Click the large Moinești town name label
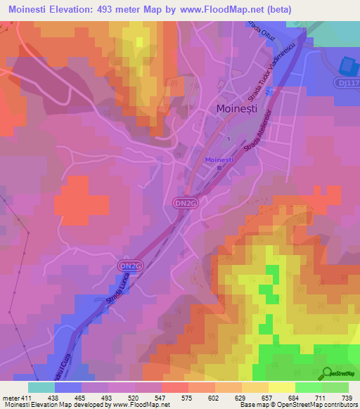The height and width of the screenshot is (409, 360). (x=238, y=110)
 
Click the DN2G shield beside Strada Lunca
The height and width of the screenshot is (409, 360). (x=131, y=265)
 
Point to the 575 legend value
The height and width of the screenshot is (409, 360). (x=188, y=398)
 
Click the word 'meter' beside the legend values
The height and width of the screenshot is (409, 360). (x=10, y=398)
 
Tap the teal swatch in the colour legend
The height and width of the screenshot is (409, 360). (x=41, y=387)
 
